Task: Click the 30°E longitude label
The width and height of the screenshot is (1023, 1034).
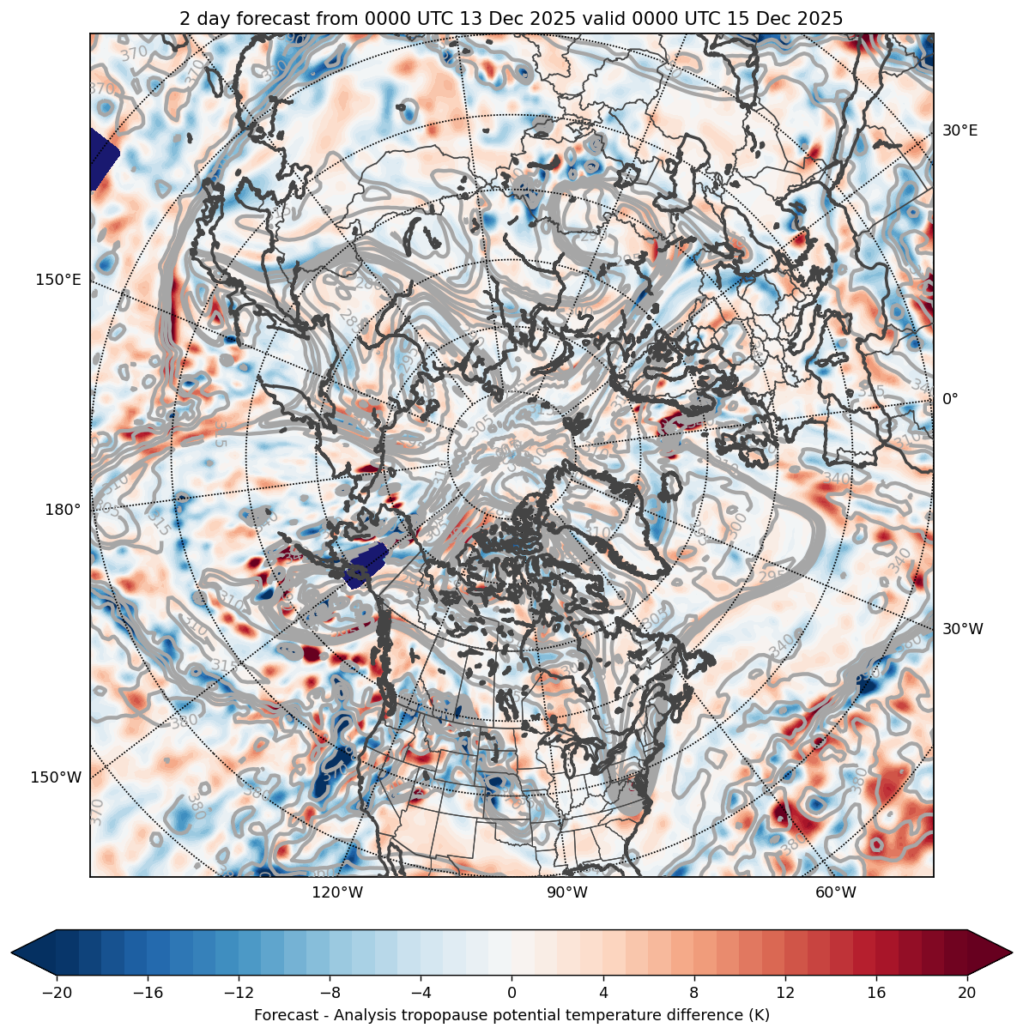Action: (x=959, y=130)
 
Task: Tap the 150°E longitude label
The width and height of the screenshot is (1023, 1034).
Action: (x=58, y=280)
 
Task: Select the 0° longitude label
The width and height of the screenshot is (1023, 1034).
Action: (x=950, y=399)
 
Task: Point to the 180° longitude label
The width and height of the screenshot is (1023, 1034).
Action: (x=63, y=510)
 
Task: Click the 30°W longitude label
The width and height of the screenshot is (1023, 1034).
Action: (x=963, y=629)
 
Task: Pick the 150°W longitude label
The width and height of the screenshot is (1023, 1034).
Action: (x=57, y=777)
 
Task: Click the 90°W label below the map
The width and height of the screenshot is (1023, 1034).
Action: (x=567, y=892)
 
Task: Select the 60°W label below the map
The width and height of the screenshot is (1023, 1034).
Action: (x=836, y=892)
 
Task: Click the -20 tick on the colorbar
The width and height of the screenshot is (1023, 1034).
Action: (x=58, y=993)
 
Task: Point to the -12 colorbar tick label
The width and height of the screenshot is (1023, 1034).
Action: (x=239, y=993)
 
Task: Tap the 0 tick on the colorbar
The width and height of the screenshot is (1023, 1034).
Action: (x=512, y=993)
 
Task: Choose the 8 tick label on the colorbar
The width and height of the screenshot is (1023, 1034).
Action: (x=694, y=993)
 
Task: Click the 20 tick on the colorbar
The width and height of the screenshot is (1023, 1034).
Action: (x=967, y=993)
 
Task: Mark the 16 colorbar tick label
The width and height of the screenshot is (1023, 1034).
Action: (x=876, y=993)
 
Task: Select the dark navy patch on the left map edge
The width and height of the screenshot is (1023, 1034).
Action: (x=101, y=159)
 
